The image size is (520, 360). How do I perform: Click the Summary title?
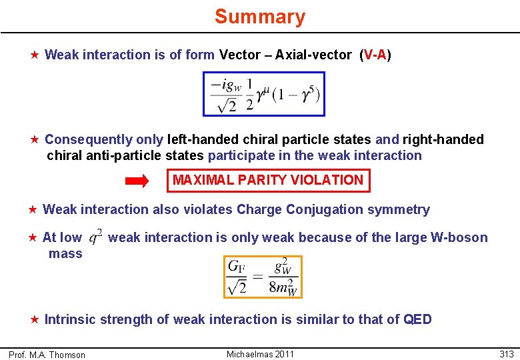(x=260, y=17)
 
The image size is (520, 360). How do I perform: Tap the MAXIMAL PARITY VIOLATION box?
(x=268, y=180)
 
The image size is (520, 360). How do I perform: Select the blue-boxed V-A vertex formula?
(x=264, y=94)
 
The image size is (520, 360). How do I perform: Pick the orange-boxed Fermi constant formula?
(x=263, y=276)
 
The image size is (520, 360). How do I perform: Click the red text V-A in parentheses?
(x=375, y=55)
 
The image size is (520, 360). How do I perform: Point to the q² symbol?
(x=95, y=237)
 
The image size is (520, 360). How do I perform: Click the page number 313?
(x=506, y=354)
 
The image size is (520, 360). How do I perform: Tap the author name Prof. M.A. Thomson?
(x=47, y=355)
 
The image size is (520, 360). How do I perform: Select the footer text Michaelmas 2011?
(x=260, y=354)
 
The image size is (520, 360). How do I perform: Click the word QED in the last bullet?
(x=418, y=319)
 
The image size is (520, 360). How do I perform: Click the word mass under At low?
(x=65, y=253)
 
